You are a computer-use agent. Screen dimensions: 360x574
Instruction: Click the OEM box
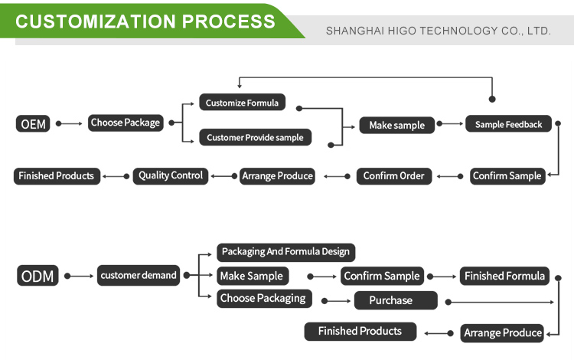point(33,123)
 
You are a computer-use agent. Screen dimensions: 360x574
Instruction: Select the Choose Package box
point(126,123)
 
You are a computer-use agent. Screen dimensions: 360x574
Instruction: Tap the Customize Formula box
point(243,103)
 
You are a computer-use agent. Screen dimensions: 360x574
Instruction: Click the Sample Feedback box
point(508,124)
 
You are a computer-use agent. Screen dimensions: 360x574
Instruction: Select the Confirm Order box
point(394,176)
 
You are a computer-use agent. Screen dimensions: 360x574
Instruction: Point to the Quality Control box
point(171,175)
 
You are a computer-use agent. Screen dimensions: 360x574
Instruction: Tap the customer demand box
point(139,276)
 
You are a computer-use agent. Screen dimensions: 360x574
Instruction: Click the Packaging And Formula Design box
point(285,251)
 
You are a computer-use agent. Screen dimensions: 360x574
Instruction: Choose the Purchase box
point(396,300)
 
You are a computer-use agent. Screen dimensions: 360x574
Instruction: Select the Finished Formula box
point(504,276)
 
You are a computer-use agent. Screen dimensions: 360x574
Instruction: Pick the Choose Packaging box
point(263,298)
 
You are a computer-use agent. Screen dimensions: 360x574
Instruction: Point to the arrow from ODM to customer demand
point(80,276)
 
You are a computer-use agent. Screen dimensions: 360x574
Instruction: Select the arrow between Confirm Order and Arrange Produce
point(336,176)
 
